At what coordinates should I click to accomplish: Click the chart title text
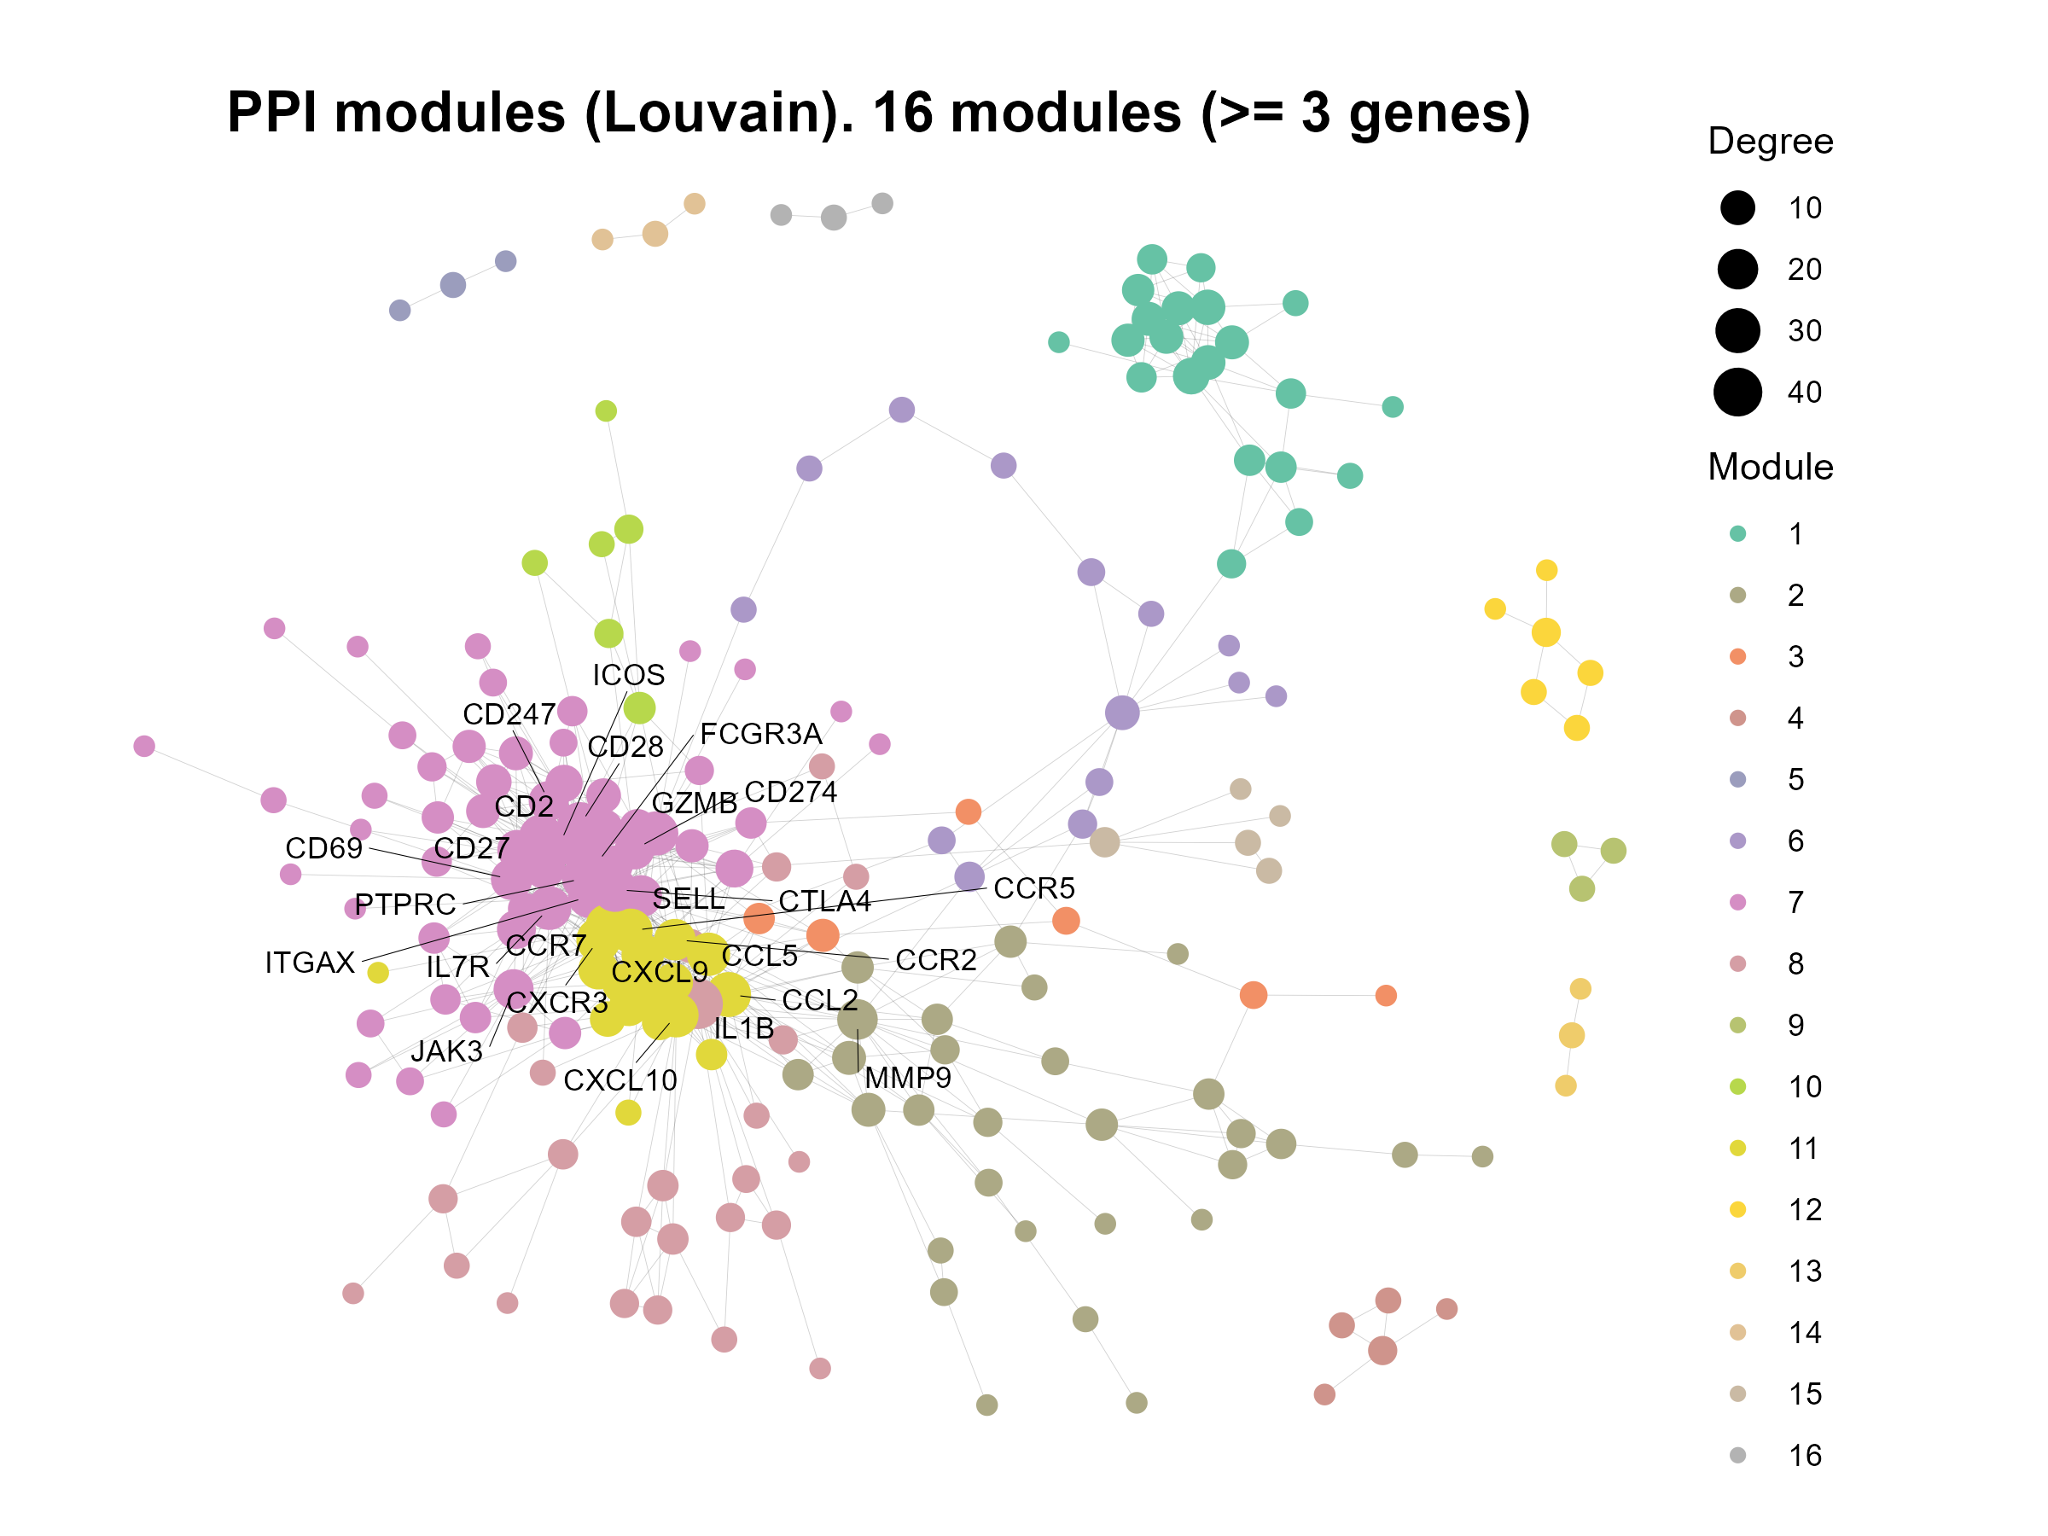878,113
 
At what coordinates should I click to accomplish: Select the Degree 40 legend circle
1738,392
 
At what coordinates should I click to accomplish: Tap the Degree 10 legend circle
1738,207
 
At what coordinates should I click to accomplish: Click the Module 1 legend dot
1738,533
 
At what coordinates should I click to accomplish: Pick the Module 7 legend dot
1738,902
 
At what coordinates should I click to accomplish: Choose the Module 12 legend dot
1738,1209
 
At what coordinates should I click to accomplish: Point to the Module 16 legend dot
1738,1455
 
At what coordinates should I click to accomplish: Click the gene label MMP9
907,1078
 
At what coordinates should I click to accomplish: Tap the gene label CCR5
1033,888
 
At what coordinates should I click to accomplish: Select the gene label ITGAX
309,963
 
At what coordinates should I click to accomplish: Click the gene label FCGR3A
760,733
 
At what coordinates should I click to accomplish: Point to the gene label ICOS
628,675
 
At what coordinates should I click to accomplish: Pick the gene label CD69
323,847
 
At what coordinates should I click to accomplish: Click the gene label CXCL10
620,1079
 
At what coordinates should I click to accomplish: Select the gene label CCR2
935,959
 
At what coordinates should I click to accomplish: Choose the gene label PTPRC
404,904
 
